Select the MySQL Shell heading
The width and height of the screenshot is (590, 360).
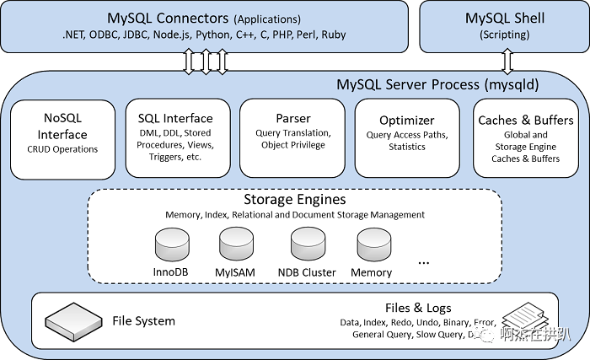(x=506, y=18)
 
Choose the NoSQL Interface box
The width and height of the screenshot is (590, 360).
(x=62, y=138)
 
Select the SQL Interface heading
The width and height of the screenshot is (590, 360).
(x=175, y=118)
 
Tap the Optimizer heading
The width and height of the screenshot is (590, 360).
(x=406, y=121)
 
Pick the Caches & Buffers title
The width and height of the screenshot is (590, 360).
(x=525, y=120)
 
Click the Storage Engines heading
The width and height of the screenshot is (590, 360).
(x=294, y=200)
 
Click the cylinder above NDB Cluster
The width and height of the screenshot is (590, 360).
(x=307, y=245)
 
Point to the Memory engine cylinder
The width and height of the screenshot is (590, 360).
(x=372, y=245)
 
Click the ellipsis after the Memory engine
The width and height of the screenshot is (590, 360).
(x=424, y=261)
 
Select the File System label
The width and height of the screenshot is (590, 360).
(x=143, y=320)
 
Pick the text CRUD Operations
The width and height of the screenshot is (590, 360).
(x=62, y=149)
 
